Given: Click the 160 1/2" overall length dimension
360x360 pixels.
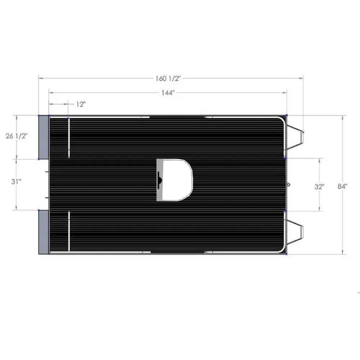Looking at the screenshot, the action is [168, 78].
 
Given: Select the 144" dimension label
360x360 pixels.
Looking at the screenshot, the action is [168, 93].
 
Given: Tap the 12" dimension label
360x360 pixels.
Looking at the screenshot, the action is [81, 104].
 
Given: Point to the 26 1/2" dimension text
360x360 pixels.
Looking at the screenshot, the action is [17, 136].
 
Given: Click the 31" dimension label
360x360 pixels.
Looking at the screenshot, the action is [16, 181].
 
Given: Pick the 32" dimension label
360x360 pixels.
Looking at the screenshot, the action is [319, 186].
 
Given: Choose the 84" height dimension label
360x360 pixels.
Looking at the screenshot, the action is [342, 186].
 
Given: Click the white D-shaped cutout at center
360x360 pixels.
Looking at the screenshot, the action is [177, 180].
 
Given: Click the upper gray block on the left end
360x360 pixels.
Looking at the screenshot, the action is [44, 137].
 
